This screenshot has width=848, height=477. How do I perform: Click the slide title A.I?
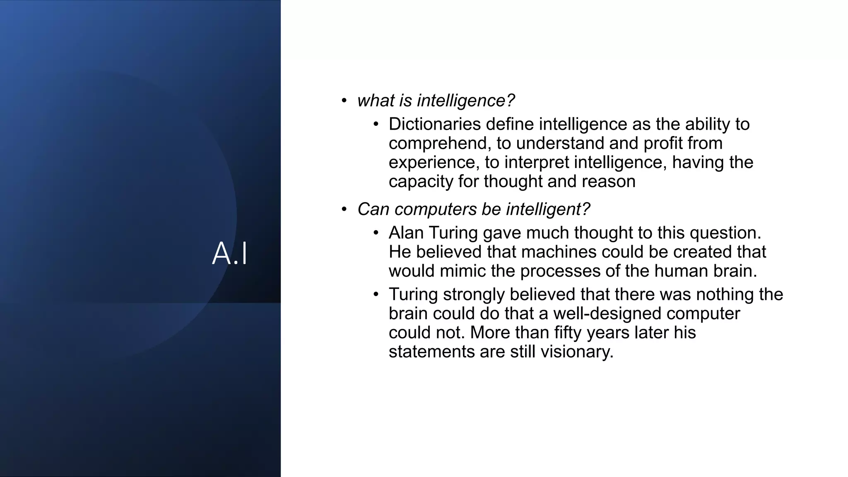coord(230,253)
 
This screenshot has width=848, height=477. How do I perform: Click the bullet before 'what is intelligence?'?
coord(344,101)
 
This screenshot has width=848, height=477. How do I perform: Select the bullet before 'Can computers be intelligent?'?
coord(344,210)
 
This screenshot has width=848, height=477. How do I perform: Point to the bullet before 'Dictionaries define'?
coord(376,124)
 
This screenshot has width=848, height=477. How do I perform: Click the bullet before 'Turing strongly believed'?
coord(376,294)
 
